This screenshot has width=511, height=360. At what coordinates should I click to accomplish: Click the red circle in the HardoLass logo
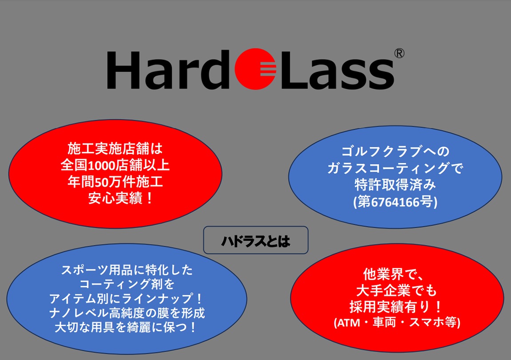(x=255, y=69)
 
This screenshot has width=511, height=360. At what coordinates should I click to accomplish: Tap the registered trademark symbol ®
(x=399, y=53)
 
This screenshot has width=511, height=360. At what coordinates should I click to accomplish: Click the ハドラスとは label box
(x=256, y=240)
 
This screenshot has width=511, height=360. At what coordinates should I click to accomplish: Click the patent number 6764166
(x=395, y=202)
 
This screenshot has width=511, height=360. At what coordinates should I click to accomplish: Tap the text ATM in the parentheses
(x=349, y=323)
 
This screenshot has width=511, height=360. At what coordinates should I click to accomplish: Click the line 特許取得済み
(x=395, y=185)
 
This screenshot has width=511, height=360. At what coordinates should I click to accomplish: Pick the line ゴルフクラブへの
(x=395, y=151)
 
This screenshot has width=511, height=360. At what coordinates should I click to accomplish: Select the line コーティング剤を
(x=127, y=284)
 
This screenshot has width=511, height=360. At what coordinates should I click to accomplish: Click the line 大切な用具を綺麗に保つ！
(x=126, y=327)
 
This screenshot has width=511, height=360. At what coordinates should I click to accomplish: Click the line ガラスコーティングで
(x=395, y=168)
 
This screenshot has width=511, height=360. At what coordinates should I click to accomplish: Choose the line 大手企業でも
(x=396, y=290)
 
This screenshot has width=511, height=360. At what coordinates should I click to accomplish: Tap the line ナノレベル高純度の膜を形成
(x=127, y=313)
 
